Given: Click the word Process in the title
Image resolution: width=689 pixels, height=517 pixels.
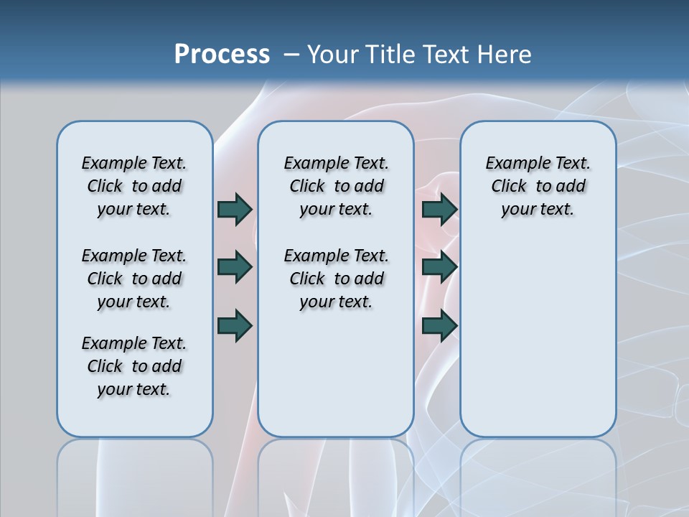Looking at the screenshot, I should pos(222,54).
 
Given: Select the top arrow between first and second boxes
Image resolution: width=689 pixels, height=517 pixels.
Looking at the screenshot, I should pos(235,209).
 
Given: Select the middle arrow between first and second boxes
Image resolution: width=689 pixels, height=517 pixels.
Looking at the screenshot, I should pos(235,267).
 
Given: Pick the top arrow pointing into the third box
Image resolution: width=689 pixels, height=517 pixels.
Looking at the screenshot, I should pos(439,209).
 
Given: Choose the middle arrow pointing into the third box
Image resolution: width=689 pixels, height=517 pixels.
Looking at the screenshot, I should pos(439,267).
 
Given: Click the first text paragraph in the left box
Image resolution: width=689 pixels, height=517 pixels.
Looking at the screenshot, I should pos(134,186).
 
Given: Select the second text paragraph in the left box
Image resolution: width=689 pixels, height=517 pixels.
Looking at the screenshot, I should pos(134,279).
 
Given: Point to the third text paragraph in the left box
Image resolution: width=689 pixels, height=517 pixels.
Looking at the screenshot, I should pos(134,366).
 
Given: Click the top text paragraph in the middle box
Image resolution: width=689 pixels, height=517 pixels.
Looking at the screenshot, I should pos(336,186).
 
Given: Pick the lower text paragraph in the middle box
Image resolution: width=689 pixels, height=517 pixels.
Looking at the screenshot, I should pos(336,279).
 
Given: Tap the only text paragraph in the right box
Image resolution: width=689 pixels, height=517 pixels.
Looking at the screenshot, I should pos(538,186).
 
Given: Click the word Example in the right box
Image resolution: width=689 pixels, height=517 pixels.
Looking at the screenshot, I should pos(512,164).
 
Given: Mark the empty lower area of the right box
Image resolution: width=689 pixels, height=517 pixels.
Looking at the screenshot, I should pos(538,337).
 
